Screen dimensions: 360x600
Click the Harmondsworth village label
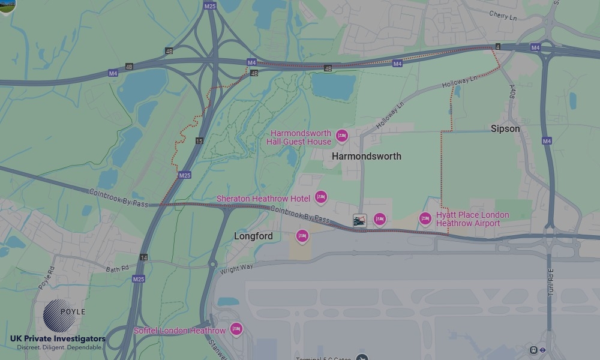[366, 156]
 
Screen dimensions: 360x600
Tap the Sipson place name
[505, 128]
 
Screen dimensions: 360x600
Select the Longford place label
[253, 236]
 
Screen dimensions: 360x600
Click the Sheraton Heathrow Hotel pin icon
[321, 197]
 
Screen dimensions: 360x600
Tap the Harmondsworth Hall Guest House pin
[342, 136]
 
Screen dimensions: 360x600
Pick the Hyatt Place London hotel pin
[425, 218]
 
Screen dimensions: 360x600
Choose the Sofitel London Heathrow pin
[236, 329]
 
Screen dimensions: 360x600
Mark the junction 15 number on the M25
[199, 141]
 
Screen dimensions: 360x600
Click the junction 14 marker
[143, 257]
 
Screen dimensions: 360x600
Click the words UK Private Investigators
[58, 338]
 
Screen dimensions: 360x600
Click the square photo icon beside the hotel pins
[359, 220]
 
